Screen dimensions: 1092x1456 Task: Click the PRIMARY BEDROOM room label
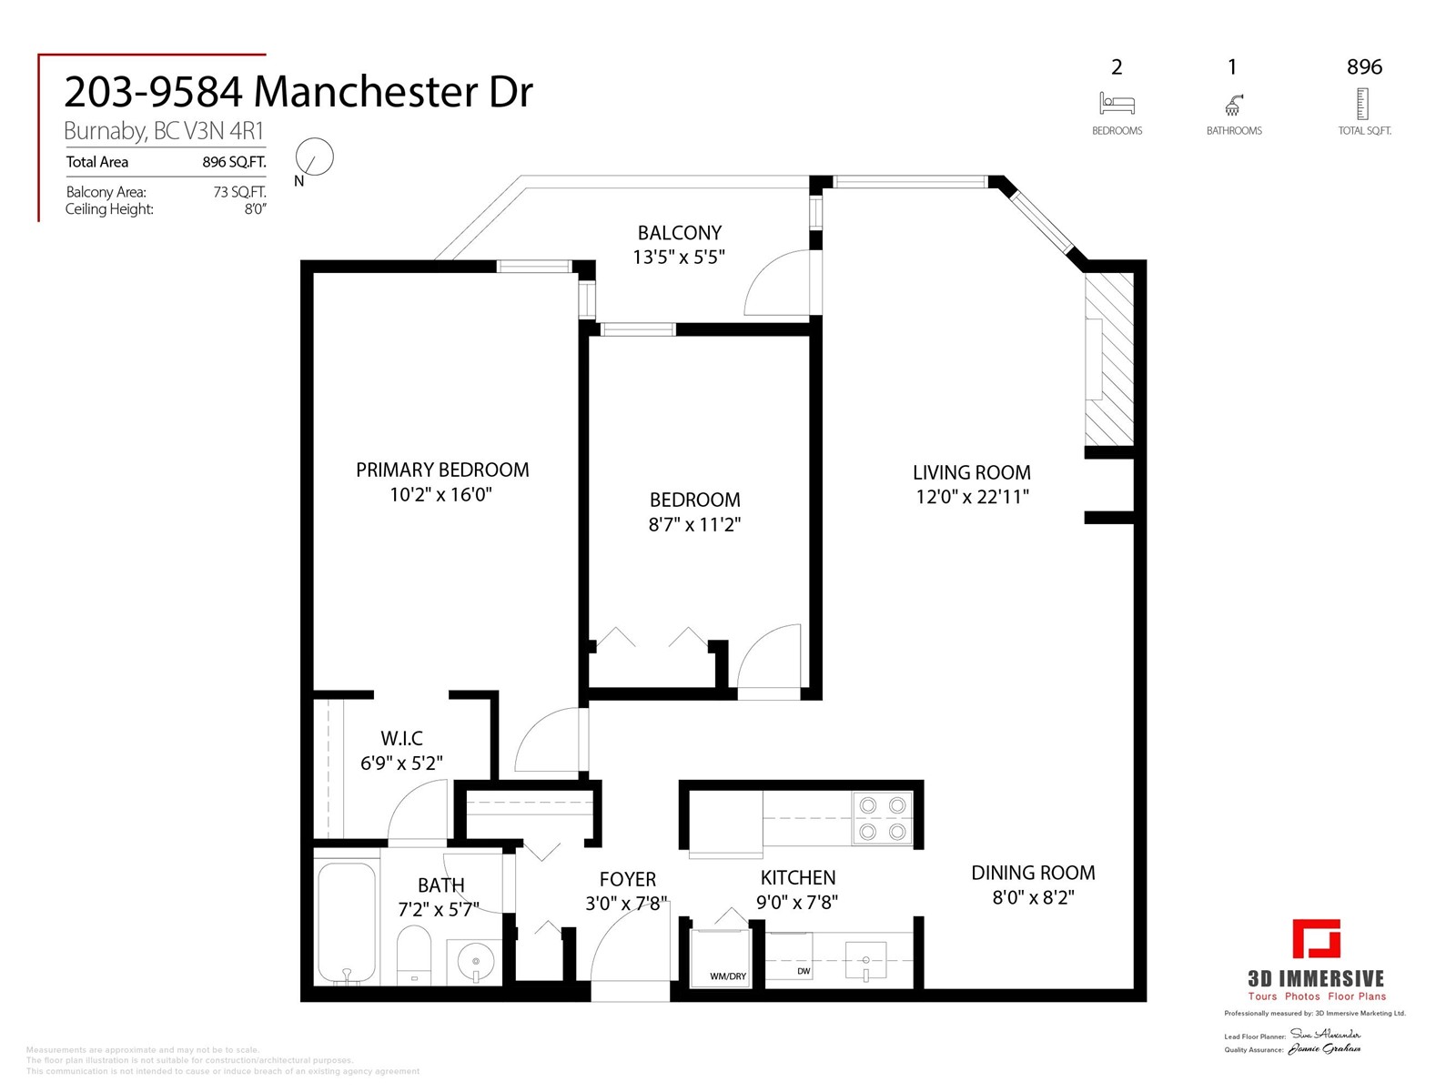point(441,470)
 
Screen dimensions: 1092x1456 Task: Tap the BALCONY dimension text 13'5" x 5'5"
point(679,258)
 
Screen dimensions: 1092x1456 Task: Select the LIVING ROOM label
point(971,472)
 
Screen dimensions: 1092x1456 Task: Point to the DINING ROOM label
point(1033,873)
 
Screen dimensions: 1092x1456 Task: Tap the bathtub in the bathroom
point(346,921)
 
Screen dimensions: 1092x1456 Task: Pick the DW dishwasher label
point(804,971)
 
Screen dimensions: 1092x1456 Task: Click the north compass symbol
point(316,158)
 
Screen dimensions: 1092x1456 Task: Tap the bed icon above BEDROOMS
point(1117,104)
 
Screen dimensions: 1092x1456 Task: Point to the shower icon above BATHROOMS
point(1233,105)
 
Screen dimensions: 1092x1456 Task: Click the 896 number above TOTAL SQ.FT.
point(1364,66)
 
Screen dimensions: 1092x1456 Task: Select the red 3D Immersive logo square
point(1317,939)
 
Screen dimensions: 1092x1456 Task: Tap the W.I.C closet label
point(401,738)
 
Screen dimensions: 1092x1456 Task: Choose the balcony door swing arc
point(775,283)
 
